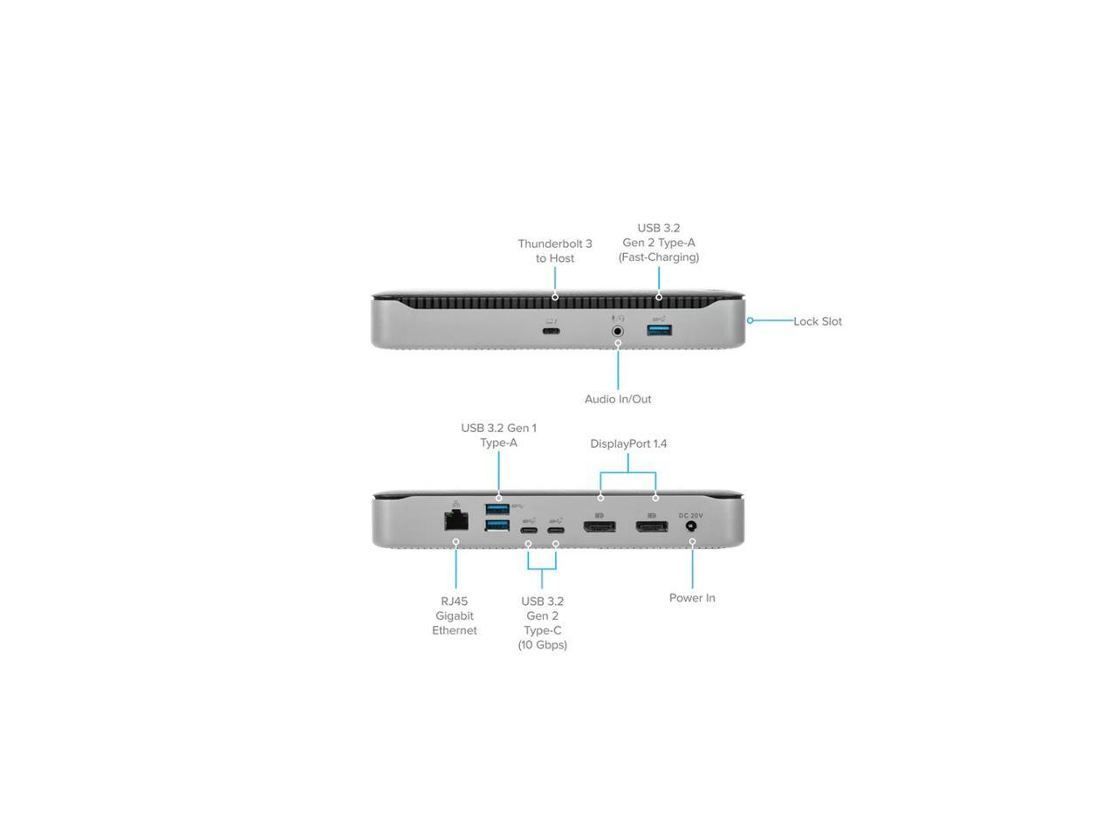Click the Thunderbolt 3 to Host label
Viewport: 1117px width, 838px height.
[555, 251]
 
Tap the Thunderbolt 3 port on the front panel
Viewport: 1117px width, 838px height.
[551, 331]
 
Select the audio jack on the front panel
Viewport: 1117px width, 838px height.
[618, 331]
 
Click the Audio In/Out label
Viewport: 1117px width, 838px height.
[618, 399]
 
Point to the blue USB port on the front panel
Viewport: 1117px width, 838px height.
[659, 330]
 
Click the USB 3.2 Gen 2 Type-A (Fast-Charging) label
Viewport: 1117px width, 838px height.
[659, 243]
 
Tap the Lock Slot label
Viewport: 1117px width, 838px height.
[818, 321]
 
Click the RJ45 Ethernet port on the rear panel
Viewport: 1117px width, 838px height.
[456, 521]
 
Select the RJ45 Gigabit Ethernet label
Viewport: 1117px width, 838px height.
[455, 615]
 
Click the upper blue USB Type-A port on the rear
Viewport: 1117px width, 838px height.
[497, 509]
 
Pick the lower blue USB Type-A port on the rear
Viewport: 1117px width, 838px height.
[497, 525]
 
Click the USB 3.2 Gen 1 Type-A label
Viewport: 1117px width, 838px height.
[498, 435]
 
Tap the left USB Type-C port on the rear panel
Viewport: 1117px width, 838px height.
[528, 531]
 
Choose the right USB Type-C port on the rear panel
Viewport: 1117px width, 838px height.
[555, 531]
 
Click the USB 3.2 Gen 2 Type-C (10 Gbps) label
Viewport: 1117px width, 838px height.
[542, 622]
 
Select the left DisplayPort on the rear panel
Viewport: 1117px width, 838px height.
[600, 527]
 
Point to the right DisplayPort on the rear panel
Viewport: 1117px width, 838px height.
[652, 527]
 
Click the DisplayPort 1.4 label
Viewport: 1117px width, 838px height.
[628, 443]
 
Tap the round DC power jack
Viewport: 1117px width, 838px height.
[692, 527]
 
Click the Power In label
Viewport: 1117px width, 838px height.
[692, 598]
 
